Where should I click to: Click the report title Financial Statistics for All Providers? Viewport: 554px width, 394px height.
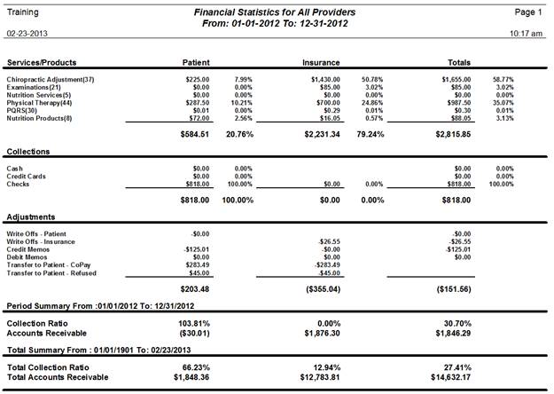[x=275, y=12]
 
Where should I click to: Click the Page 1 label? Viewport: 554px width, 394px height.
[x=528, y=12]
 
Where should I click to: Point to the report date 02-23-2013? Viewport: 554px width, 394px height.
[x=27, y=34]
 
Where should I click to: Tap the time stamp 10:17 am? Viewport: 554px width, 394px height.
[x=526, y=34]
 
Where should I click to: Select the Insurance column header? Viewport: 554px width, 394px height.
[x=321, y=63]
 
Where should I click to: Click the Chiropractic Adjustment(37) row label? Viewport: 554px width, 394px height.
[x=51, y=80]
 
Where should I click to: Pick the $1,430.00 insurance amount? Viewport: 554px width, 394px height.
[x=325, y=80]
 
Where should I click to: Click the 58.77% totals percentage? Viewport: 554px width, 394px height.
[x=503, y=80]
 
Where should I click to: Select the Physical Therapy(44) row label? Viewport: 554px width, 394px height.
[x=39, y=103]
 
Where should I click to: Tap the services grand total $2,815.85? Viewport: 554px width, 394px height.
[x=453, y=134]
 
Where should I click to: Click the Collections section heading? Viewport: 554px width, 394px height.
[x=28, y=152]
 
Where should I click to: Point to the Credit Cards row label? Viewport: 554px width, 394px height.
[x=26, y=176]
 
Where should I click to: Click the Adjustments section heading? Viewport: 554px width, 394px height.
[x=31, y=217]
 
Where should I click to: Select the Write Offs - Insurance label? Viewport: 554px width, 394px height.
[x=41, y=242]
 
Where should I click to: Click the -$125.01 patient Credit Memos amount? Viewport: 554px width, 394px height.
[x=197, y=249]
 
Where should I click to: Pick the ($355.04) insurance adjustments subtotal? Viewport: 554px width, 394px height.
[x=323, y=289]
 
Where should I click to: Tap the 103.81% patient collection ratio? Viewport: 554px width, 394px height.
[x=194, y=324]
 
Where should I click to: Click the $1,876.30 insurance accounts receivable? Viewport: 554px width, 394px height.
[x=323, y=333]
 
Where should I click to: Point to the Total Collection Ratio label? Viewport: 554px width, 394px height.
[x=48, y=367]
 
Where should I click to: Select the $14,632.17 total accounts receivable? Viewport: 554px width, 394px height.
[x=451, y=377]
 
